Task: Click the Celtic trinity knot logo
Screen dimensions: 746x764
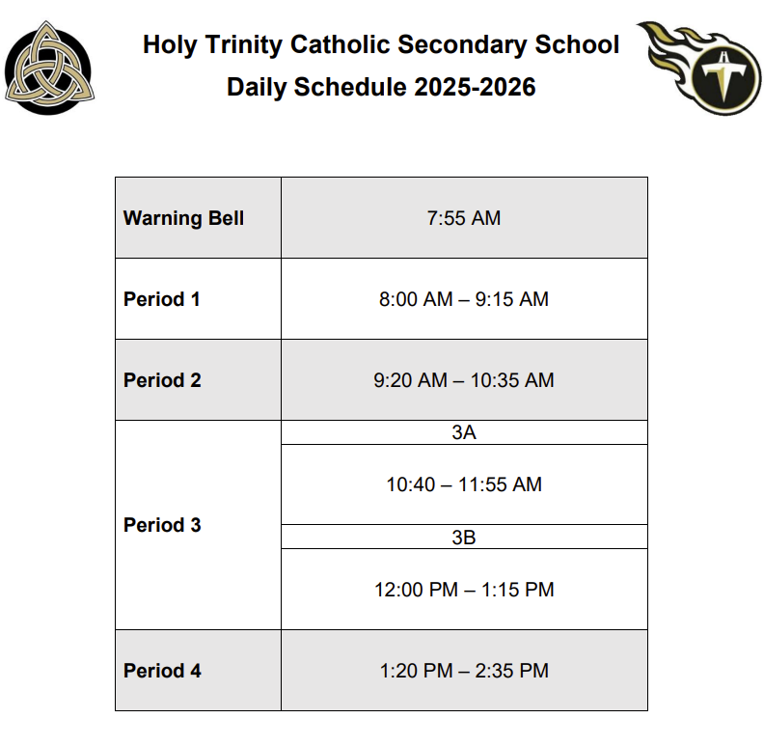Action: click(x=49, y=66)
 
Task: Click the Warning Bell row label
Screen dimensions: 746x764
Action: click(x=183, y=218)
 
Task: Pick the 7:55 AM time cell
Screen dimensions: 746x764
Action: click(x=464, y=218)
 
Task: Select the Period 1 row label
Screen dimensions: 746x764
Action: click(x=162, y=299)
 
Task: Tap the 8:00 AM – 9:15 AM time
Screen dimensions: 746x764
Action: click(x=464, y=299)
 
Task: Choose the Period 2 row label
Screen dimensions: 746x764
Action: click(x=162, y=380)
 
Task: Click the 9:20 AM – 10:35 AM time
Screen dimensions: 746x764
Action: click(x=464, y=380)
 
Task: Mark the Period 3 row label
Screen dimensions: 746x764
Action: click(x=162, y=525)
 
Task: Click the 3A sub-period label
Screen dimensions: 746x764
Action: click(x=464, y=432)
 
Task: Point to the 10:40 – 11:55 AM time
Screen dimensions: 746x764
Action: click(x=464, y=484)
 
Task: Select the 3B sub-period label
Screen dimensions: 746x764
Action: click(x=464, y=538)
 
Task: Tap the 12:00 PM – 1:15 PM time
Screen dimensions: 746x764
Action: click(x=464, y=589)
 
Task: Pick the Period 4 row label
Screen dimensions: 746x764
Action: click(x=162, y=671)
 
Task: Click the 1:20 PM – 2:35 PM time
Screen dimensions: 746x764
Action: click(x=464, y=671)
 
